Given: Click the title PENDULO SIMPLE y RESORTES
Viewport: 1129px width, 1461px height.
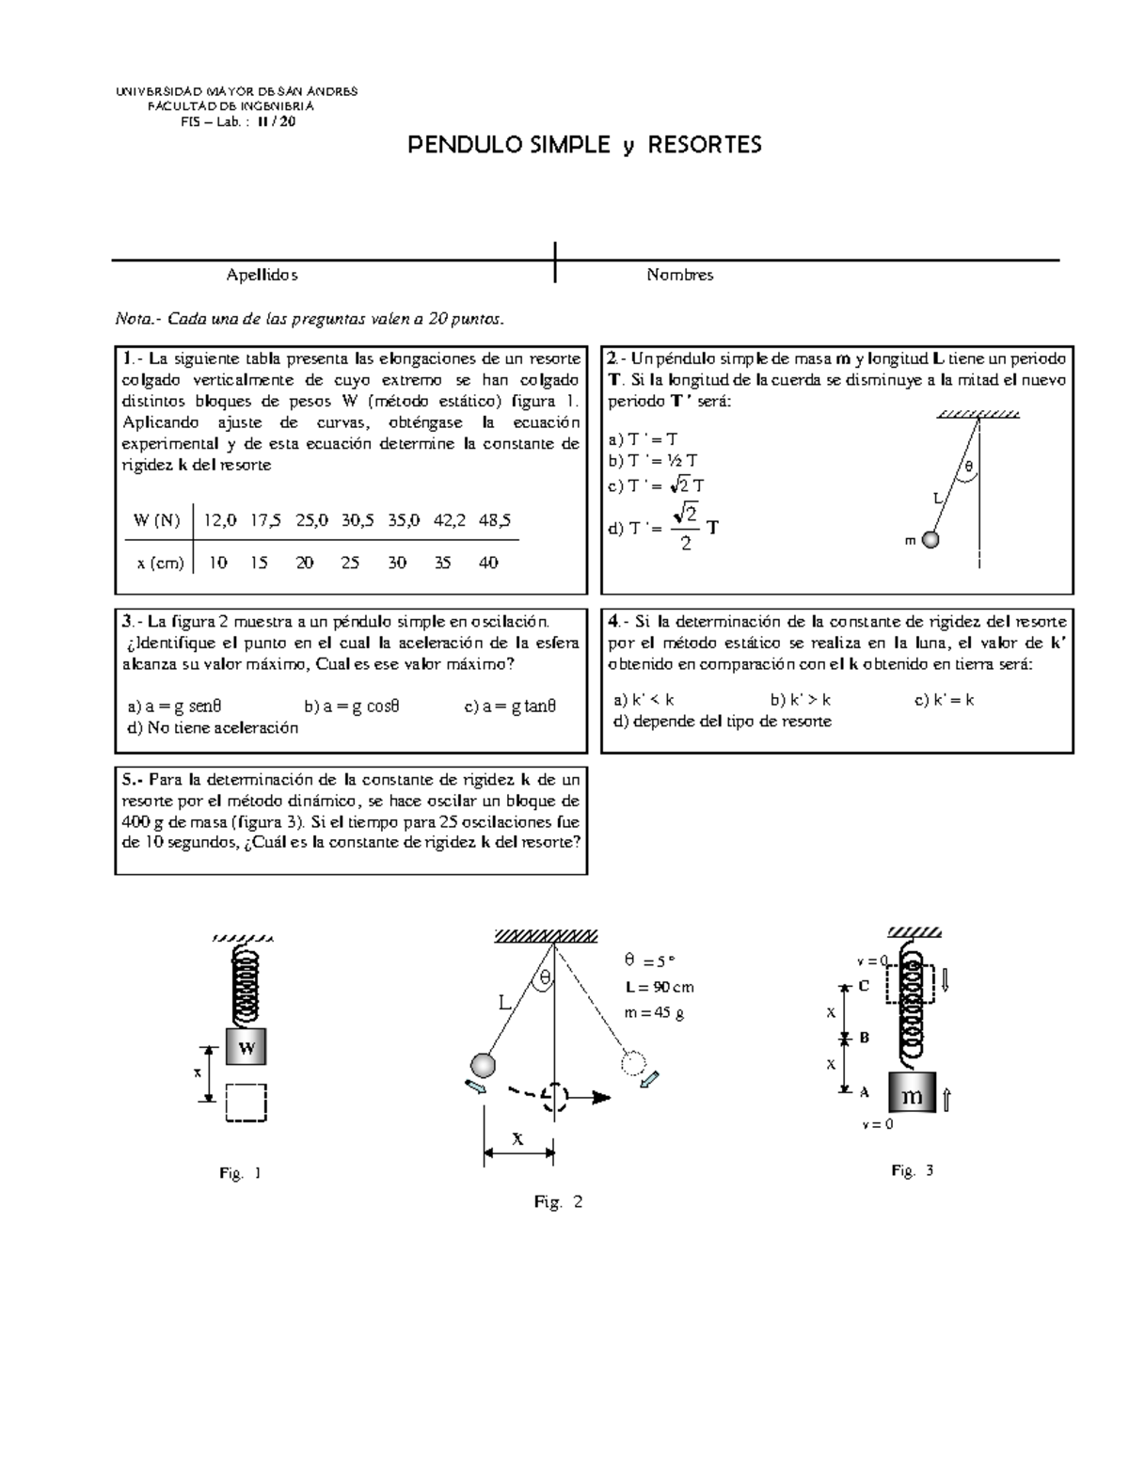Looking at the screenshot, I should [x=583, y=145].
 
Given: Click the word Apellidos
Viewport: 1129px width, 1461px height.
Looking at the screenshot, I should [x=262, y=275].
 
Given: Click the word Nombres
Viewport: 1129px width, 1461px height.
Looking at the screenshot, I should [x=679, y=275].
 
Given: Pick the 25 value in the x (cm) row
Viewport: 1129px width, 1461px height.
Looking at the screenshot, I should [x=350, y=563].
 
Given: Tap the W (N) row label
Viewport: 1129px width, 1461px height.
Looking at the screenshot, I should [x=156, y=519].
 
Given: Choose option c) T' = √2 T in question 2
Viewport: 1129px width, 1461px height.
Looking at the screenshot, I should [x=657, y=486].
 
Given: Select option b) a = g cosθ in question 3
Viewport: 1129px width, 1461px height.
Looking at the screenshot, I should [x=352, y=706].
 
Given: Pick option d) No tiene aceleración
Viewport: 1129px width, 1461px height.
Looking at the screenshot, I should [x=213, y=727].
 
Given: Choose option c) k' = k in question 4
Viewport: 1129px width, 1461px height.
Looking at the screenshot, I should [x=944, y=700].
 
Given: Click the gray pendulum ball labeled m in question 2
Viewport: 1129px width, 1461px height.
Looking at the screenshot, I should [x=930, y=540].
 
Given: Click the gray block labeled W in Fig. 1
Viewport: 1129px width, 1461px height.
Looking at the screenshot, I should [x=246, y=1048].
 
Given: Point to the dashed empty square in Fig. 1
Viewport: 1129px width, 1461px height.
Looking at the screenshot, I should [x=246, y=1103].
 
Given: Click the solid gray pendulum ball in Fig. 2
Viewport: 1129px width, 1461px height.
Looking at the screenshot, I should [x=482, y=1065].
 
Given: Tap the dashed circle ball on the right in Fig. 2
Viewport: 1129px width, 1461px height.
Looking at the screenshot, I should [x=633, y=1063].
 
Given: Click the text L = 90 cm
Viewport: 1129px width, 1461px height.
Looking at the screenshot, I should [x=659, y=987].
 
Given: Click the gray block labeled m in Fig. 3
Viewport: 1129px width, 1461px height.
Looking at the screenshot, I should [x=912, y=1096].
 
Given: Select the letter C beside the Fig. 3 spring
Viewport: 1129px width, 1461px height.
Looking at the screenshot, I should [x=864, y=986].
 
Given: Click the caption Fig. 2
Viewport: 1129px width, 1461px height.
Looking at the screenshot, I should [x=558, y=1201].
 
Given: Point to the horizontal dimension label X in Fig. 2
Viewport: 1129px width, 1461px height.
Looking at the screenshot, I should [x=517, y=1136].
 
